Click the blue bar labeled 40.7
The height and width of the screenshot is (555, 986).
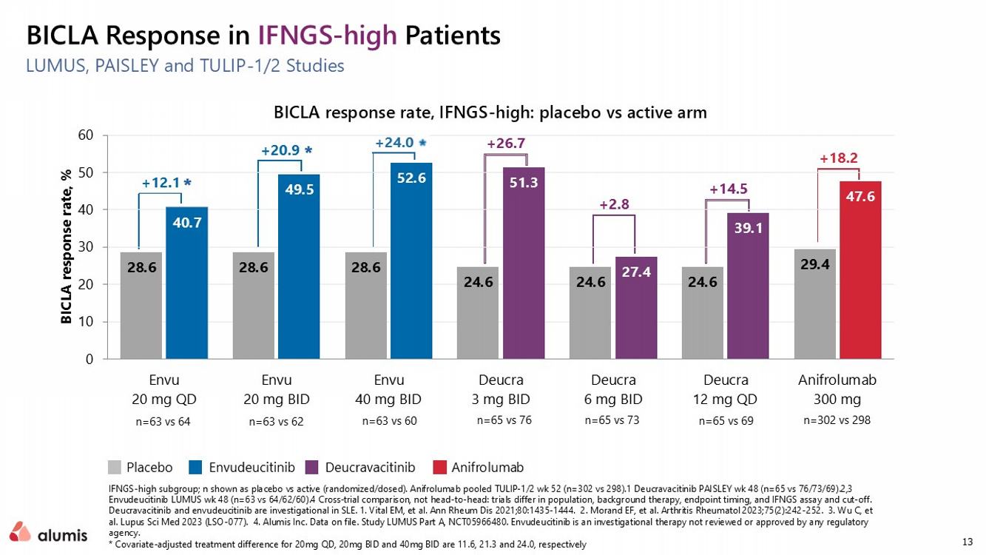click(x=186, y=283)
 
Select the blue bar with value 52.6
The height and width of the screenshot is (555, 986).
click(x=411, y=260)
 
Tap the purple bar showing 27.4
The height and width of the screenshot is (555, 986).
click(x=636, y=308)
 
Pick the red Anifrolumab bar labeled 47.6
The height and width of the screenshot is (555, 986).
click(x=860, y=270)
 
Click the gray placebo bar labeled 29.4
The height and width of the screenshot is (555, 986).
click(x=815, y=304)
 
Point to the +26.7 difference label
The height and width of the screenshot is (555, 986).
click(x=506, y=143)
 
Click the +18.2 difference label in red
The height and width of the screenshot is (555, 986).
click(x=839, y=158)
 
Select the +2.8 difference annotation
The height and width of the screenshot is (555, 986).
click(x=614, y=204)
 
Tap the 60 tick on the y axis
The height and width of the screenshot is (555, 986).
click(x=86, y=135)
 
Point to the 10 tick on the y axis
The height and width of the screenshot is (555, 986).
click(x=86, y=322)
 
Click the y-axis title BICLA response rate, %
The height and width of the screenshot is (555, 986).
click(x=66, y=246)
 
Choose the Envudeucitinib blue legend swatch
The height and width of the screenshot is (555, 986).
click(x=195, y=468)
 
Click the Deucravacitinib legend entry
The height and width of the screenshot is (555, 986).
click(x=361, y=468)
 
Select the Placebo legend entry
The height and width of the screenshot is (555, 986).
click(x=140, y=468)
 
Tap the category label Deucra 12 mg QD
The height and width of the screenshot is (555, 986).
click(x=726, y=389)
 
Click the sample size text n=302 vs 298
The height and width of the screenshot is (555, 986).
click(x=837, y=420)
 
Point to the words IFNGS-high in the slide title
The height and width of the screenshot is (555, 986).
click(x=327, y=36)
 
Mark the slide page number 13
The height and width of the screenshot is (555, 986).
click(x=968, y=542)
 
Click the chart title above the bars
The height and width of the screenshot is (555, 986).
click(x=490, y=112)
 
